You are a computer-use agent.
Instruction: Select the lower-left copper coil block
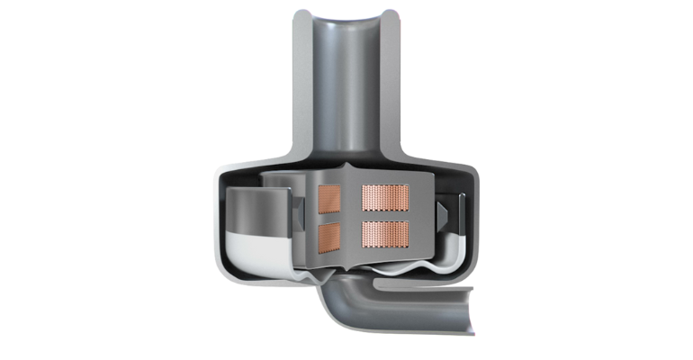point(330,236)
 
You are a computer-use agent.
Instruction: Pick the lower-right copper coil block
point(384,234)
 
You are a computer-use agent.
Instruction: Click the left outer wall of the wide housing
point(219,225)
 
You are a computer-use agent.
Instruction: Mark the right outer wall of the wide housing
point(477,225)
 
